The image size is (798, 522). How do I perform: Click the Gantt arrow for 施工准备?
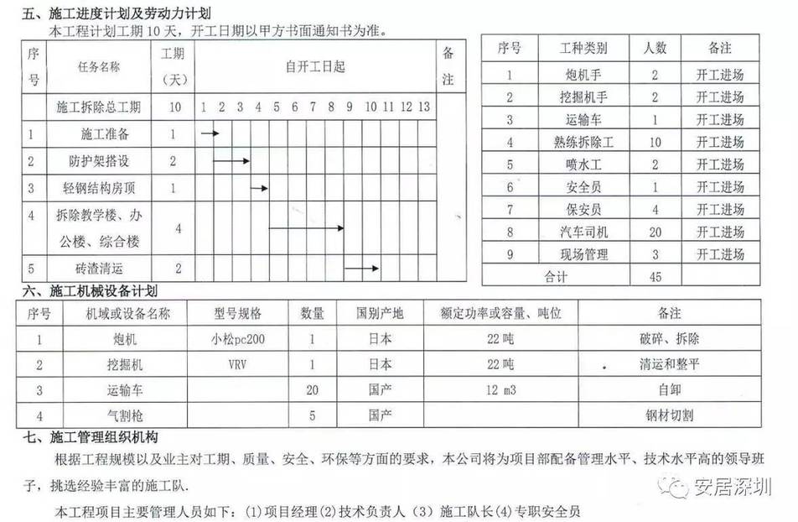tap(210, 133)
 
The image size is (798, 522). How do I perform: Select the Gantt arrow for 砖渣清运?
tap(362, 269)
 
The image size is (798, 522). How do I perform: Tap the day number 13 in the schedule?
tap(423, 107)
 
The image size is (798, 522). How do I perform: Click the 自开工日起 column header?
tap(315, 67)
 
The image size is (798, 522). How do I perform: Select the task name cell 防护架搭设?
tap(100, 160)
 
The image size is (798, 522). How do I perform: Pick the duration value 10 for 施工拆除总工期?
tap(174, 107)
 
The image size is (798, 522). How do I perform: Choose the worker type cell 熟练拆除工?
tap(584, 142)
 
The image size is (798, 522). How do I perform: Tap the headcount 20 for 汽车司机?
tap(655, 232)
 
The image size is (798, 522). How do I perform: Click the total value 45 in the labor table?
tap(655, 275)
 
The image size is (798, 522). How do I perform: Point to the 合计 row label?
tap(556, 275)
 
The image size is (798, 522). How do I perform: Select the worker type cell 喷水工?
tap(583, 164)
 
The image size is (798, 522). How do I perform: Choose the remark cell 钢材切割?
tap(670, 415)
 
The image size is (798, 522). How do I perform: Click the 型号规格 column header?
tap(238, 314)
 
